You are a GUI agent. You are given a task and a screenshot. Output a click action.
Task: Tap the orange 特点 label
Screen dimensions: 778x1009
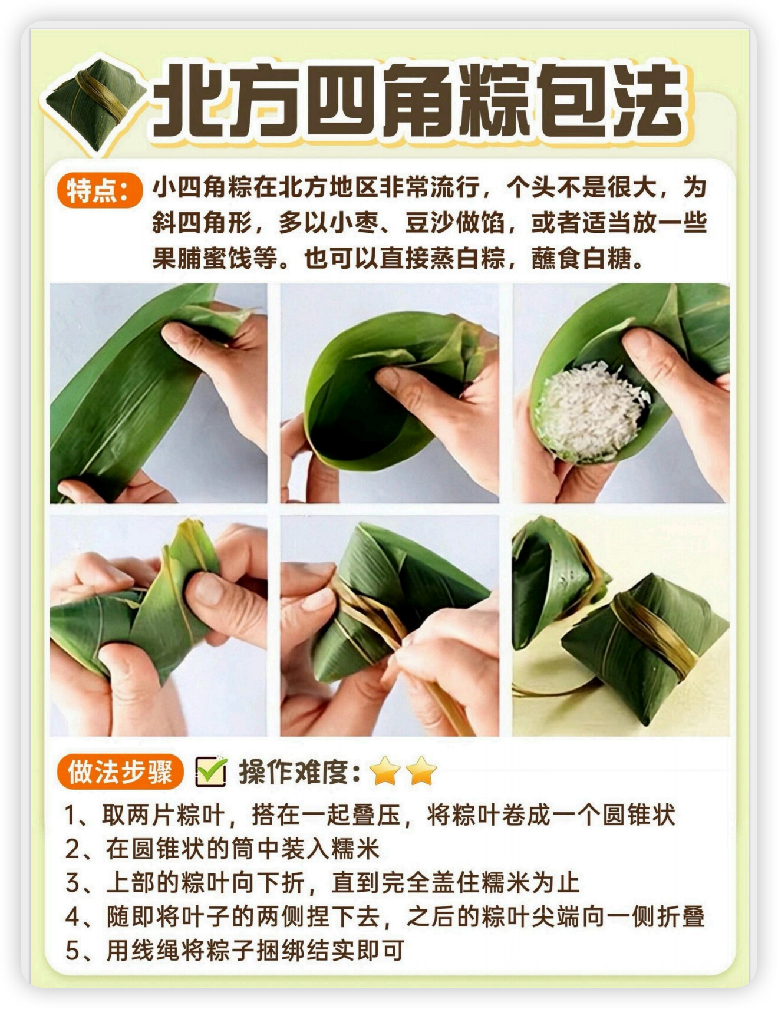pyautogui.click(x=100, y=191)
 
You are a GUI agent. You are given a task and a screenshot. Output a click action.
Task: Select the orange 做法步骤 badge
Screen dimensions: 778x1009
pyautogui.click(x=120, y=771)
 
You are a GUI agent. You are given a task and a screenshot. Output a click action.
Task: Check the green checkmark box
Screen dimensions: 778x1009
pyautogui.click(x=211, y=771)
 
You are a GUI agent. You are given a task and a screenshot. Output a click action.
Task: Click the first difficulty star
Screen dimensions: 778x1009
pyautogui.click(x=385, y=771)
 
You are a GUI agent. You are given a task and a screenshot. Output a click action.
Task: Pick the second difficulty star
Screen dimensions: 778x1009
pyautogui.click(x=421, y=771)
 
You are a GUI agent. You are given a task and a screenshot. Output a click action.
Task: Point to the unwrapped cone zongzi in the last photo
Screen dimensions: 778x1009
pyautogui.click(x=554, y=583)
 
